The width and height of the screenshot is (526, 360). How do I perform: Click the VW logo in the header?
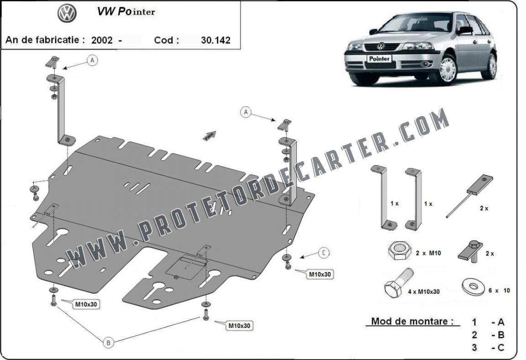[67, 13]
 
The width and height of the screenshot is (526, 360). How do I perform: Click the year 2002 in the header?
[102, 41]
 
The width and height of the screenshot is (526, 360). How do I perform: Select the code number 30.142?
[216, 40]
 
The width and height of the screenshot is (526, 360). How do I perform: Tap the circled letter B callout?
[108, 342]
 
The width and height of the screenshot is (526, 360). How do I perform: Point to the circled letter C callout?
[324, 252]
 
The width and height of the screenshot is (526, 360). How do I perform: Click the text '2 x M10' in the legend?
[428, 253]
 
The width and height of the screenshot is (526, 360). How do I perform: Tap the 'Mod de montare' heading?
[412, 321]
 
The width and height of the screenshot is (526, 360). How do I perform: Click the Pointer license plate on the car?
[379, 59]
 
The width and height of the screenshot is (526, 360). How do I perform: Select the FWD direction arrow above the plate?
[209, 136]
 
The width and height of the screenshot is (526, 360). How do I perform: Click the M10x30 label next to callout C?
[320, 274]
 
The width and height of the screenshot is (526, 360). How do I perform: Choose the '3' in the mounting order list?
[474, 348]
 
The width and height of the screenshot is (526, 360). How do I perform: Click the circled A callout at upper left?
[92, 60]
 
